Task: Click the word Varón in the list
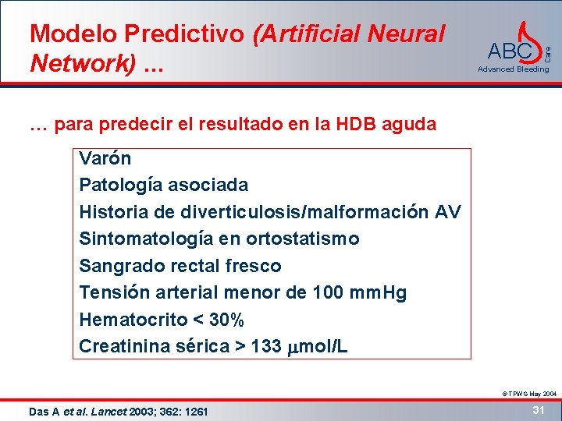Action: (105, 159)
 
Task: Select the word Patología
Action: (114, 186)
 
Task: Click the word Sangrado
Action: (116, 266)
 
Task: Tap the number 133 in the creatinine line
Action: (266, 347)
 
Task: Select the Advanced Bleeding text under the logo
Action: (513, 69)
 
